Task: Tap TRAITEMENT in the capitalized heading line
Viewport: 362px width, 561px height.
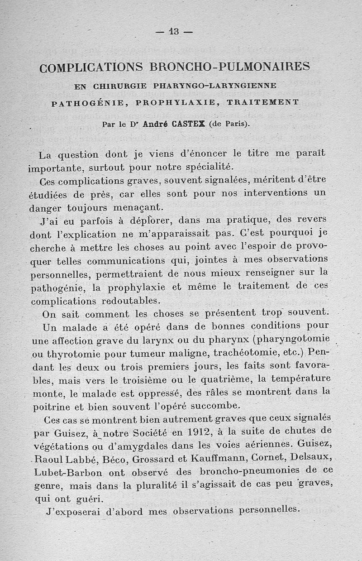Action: [x=263, y=102]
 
